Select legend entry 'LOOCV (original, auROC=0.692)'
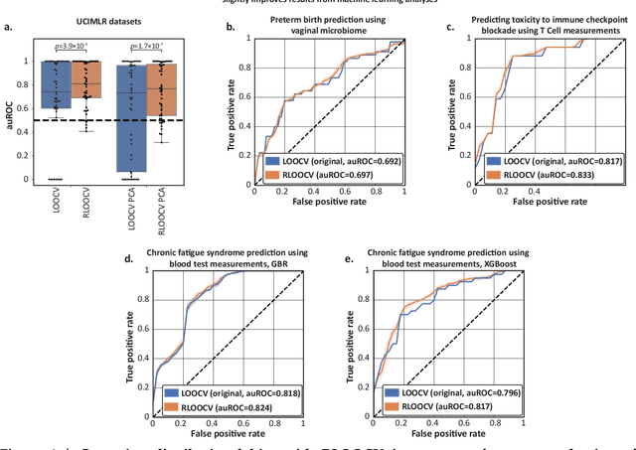(325, 161)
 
